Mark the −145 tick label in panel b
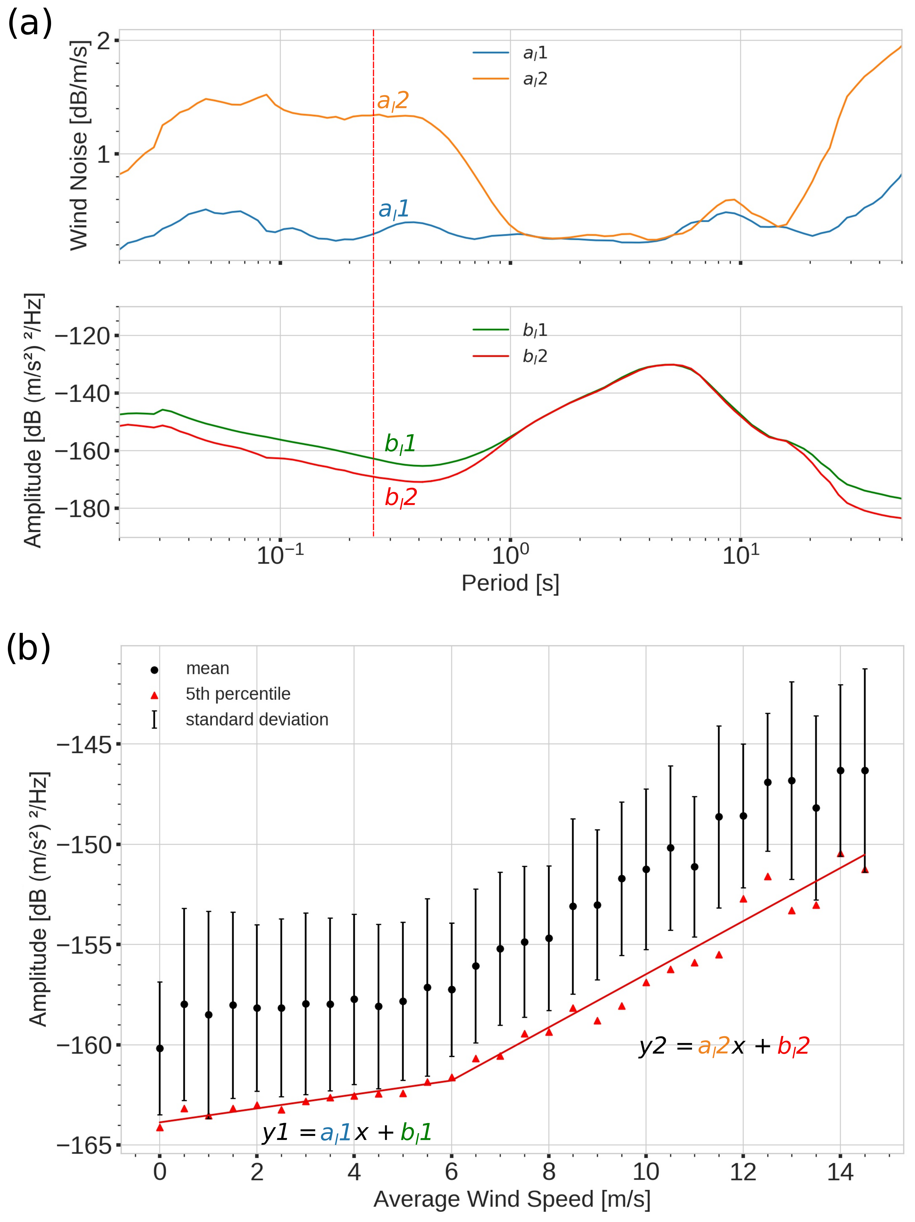pyautogui.click(x=84, y=745)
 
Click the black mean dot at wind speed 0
pyautogui.click(x=160, y=1049)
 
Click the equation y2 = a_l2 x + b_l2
pyautogui.click(x=724, y=1046)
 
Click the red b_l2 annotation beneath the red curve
pyautogui.click(x=401, y=498)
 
